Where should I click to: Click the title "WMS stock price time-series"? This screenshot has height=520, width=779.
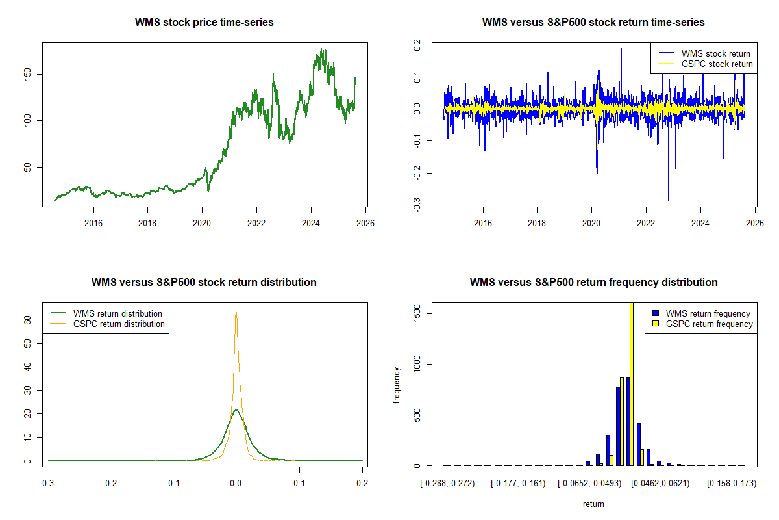204,23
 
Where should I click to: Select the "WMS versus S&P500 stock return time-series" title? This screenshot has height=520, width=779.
593,23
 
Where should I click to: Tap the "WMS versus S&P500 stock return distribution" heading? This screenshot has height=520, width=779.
204,283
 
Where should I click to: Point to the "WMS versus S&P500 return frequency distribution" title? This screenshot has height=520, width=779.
593,283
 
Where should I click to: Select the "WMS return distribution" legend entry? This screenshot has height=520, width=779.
117,314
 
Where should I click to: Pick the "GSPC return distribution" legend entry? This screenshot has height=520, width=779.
119,324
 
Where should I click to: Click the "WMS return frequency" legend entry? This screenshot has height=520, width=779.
708,314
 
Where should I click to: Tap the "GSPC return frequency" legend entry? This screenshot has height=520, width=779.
709,324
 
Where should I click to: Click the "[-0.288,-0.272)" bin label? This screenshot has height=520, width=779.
447,484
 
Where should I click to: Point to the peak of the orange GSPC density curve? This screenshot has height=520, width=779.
236,312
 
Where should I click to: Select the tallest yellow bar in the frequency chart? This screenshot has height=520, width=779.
632,383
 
